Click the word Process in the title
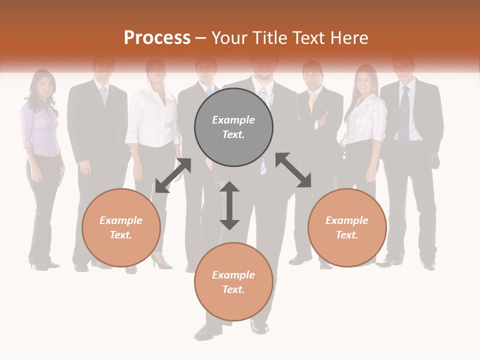(157, 38)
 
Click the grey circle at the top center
(233, 127)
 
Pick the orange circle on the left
(121, 227)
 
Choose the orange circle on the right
(347, 227)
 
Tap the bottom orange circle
(233, 281)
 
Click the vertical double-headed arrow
(229, 205)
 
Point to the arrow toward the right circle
(293, 170)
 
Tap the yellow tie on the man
(312, 102)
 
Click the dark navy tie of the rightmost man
(403, 115)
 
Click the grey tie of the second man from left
(104, 95)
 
